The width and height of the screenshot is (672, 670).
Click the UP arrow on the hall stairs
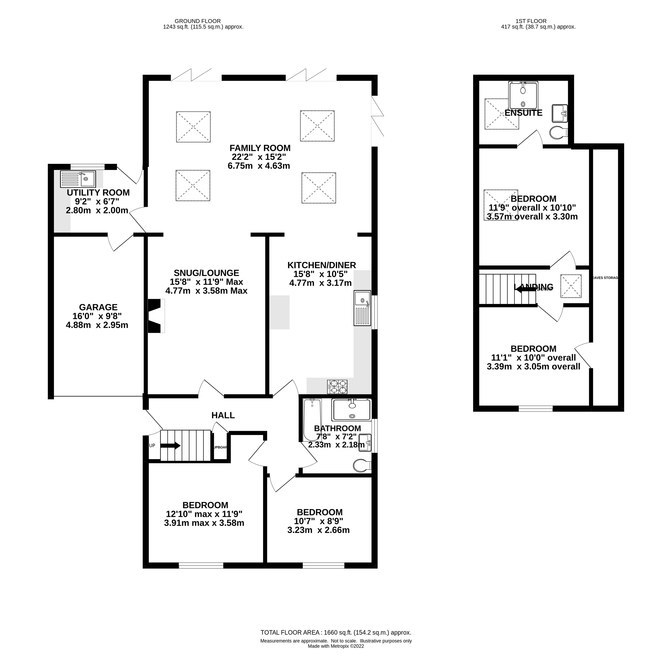(170, 446)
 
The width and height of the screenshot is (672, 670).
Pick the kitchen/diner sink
(362, 308)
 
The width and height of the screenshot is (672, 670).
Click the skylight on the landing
(570, 286)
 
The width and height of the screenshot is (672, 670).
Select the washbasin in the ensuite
(560, 113)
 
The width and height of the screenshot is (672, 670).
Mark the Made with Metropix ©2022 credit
(336, 656)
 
